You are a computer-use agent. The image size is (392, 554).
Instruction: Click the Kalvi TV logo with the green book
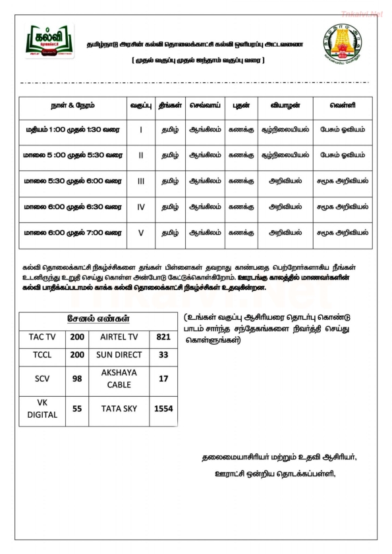[x=50, y=43]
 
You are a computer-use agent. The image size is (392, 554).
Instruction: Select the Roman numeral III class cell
[x=141, y=180]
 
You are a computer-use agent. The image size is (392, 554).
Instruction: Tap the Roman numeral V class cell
[x=141, y=232]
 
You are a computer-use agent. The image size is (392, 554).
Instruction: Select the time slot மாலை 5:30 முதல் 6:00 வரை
[x=72, y=180]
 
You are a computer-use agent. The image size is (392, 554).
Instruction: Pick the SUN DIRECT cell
[x=119, y=354]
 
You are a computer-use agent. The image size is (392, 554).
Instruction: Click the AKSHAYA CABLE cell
[x=119, y=378]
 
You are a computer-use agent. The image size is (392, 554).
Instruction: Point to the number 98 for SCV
[x=77, y=378]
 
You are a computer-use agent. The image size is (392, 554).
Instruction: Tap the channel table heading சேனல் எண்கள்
[x=98, y=319]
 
